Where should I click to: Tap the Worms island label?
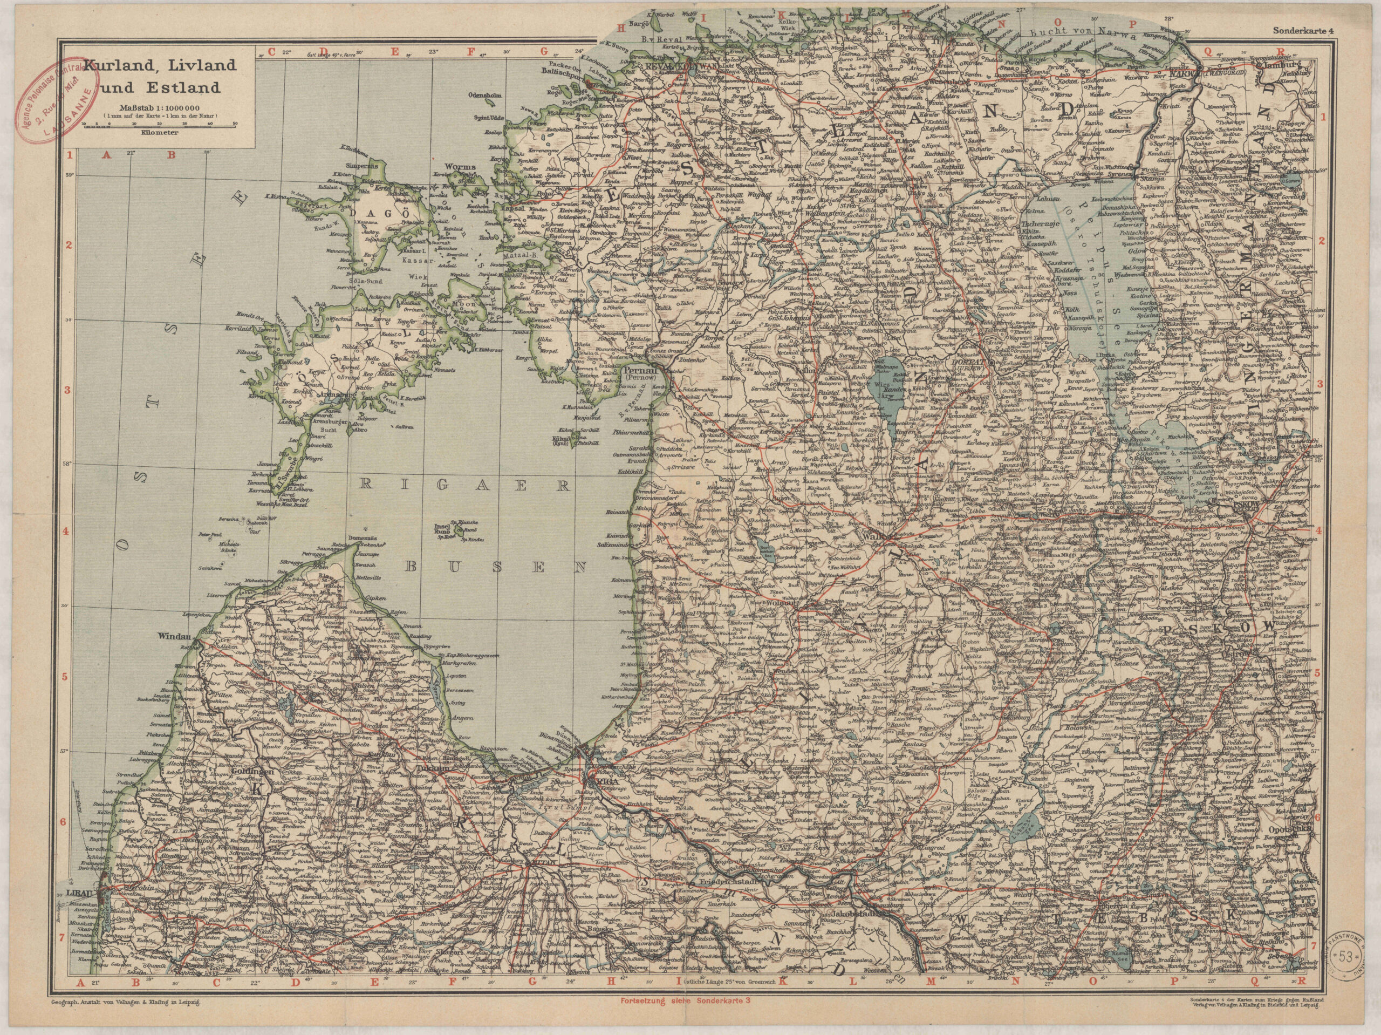pyautogui.click(x=461, y=167)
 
